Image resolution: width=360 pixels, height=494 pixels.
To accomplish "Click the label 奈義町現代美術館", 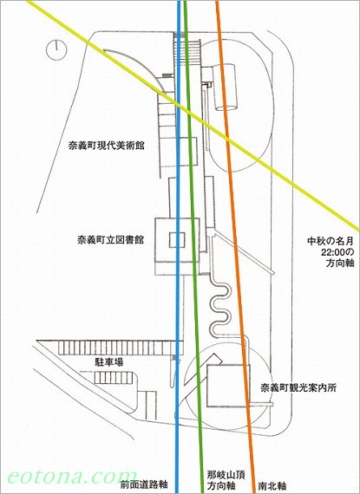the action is [x=107, y=146].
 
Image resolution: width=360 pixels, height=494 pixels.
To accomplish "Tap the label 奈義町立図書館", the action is [x=110, y=240].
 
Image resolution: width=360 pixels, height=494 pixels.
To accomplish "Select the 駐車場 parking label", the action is [x=109, y=362].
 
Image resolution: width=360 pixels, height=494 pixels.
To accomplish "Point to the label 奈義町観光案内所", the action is [x=298, y=387].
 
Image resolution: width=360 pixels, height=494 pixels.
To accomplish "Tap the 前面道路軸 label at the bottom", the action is [x=144, y=484].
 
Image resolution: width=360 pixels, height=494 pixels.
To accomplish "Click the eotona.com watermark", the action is [x=72, y=477].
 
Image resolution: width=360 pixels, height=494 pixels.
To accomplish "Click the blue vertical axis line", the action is [x=178, y=247].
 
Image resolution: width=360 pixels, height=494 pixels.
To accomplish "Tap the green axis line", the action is [x=193, y=247].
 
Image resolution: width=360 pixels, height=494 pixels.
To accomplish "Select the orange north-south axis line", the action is [x=235, y=247].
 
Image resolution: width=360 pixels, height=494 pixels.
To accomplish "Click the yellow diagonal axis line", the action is [x=193, y=115].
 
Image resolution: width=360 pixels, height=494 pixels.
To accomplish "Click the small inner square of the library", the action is [x=177, y=240].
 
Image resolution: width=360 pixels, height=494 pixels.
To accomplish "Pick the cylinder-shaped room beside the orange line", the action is [x=225, y=88].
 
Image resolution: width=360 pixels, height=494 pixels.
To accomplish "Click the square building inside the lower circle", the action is [x=228, y=386].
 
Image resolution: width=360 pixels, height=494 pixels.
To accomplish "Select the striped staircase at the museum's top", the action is [x=187, y=51].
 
